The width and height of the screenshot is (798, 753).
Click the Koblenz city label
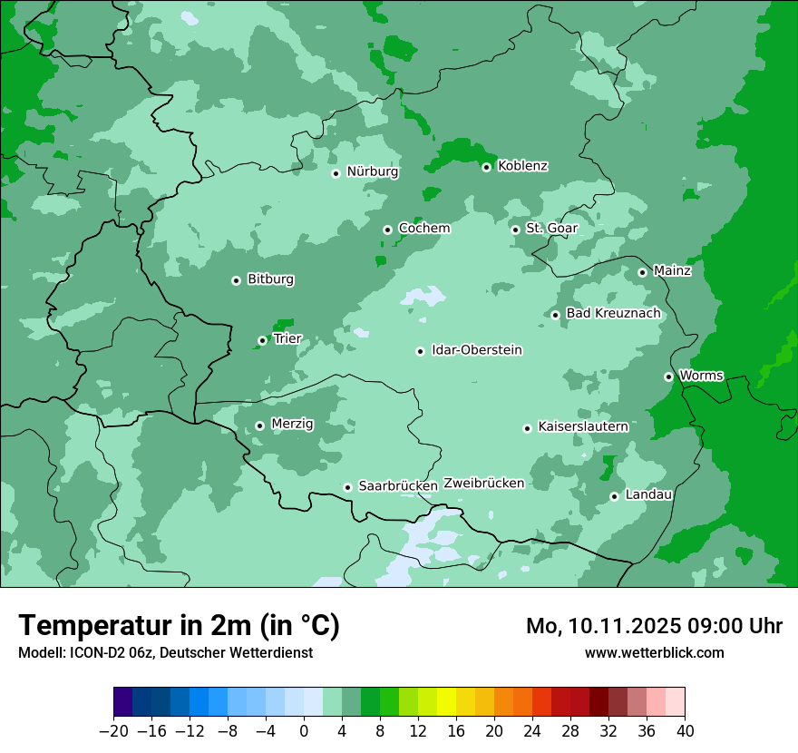tap(522, 166)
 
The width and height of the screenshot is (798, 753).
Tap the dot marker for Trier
tap(262, 341)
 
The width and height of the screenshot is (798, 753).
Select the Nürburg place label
tap(372, 171)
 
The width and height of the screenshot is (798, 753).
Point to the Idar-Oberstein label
tap(476, 350)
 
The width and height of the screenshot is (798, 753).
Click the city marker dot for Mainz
tap(642, 272)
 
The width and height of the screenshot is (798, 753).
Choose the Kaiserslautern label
tap(582, 426)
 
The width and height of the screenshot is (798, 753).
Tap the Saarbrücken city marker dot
tap(347, 487)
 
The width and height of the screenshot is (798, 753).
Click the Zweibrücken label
tap(483, 484)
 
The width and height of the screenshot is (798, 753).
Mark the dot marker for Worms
tap(668, 376)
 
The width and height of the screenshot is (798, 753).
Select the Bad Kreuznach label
tap(613, 314)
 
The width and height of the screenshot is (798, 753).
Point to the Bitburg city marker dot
tap(236, 280)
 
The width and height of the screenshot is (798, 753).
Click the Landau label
tap(648, 494)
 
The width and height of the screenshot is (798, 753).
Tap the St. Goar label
tap(551, 229)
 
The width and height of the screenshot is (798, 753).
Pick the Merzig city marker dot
tap(259, 425)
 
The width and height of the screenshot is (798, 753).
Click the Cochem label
tap(423, 229)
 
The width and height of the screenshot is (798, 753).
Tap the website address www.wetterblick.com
tap(654, 653)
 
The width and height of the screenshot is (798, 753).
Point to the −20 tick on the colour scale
tap(113, 731)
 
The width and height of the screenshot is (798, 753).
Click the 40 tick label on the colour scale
tap(685, 731)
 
